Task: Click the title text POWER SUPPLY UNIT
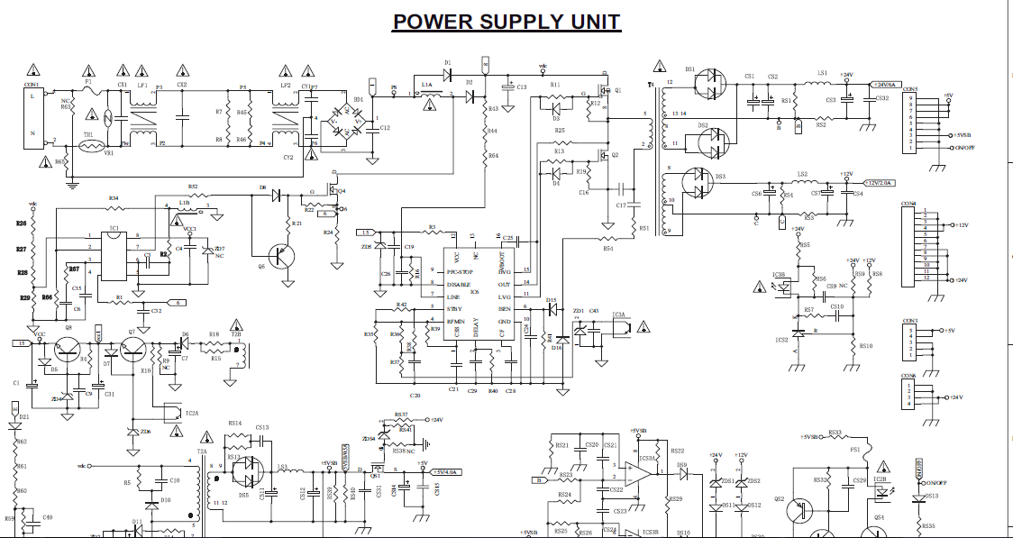tap(506, 22)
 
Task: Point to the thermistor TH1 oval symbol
tap(89, 145)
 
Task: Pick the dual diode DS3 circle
tap(699, 183)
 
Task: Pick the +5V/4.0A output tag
tap(445, 471)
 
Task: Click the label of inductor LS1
tap(822, 73)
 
